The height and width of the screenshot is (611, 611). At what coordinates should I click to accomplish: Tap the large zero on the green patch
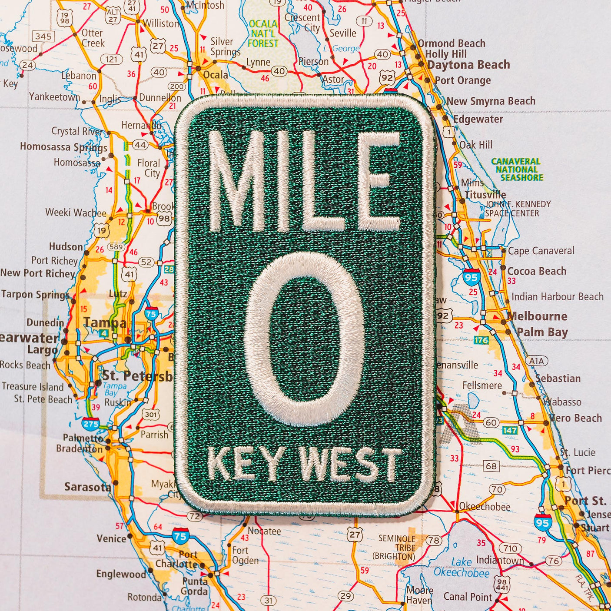(305, 339)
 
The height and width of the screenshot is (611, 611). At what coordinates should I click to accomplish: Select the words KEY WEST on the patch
(304, 464)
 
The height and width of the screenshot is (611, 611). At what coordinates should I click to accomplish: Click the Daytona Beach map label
(468, 65)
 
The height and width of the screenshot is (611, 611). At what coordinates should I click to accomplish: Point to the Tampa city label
(105, 322)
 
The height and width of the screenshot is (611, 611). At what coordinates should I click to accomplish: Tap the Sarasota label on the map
(87, 487)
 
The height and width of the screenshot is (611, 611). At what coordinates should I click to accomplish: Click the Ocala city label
(216, 75)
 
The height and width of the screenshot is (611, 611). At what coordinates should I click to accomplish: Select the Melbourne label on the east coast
(537, 316)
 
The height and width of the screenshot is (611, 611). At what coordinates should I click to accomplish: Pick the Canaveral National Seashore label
(517, 169)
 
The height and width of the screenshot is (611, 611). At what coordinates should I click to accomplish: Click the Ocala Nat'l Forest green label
(263, 33)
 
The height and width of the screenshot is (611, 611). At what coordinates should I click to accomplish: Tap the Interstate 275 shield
(91, 423)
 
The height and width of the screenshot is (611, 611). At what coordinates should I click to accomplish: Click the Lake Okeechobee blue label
(462, 568)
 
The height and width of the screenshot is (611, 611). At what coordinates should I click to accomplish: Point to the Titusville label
(485, 194)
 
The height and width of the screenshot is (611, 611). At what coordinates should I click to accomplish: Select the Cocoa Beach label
(537, 271)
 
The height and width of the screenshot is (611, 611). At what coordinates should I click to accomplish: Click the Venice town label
(111, 538)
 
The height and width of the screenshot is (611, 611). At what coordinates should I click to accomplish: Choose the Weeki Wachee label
(76, 213)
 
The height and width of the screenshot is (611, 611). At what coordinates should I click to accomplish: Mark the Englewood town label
(121, 574)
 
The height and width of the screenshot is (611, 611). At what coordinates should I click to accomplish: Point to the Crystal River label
(77, 131)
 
